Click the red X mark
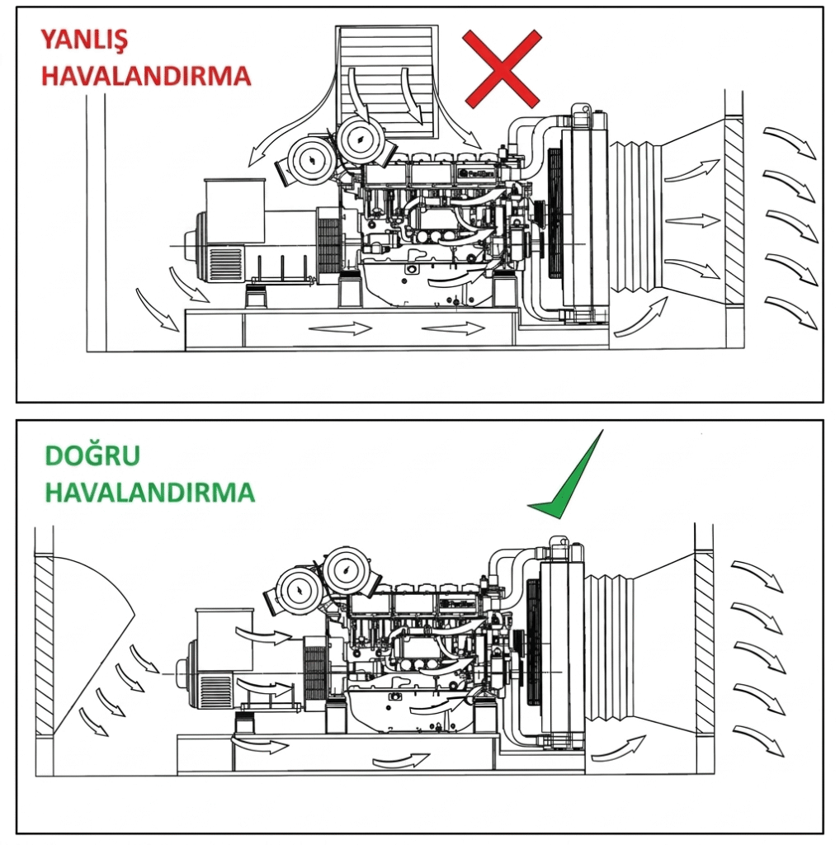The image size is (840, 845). tap(502, 68)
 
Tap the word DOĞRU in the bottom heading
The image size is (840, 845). tap(81, 455)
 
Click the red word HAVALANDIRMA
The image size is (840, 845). tap(145, 77)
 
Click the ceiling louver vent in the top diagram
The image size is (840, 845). tap(386, 78)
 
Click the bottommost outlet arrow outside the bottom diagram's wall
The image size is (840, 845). tap(757, 738)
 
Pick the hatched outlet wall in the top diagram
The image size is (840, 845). tap(733, 210)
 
